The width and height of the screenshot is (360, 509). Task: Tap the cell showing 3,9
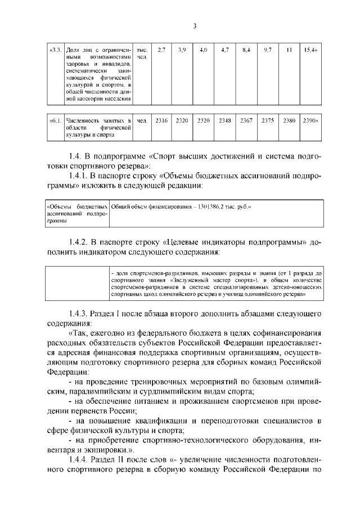pos(182,50)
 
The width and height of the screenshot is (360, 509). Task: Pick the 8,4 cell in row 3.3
pos(246,50)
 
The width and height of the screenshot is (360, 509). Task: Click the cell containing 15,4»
pos(310,50)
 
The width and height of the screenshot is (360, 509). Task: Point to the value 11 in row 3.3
pos(289,50)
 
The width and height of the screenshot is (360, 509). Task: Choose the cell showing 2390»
pos(310,120)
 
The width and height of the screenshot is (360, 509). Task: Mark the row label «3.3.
pos(55,50)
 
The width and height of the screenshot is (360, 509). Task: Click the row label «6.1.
pos(55,120)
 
